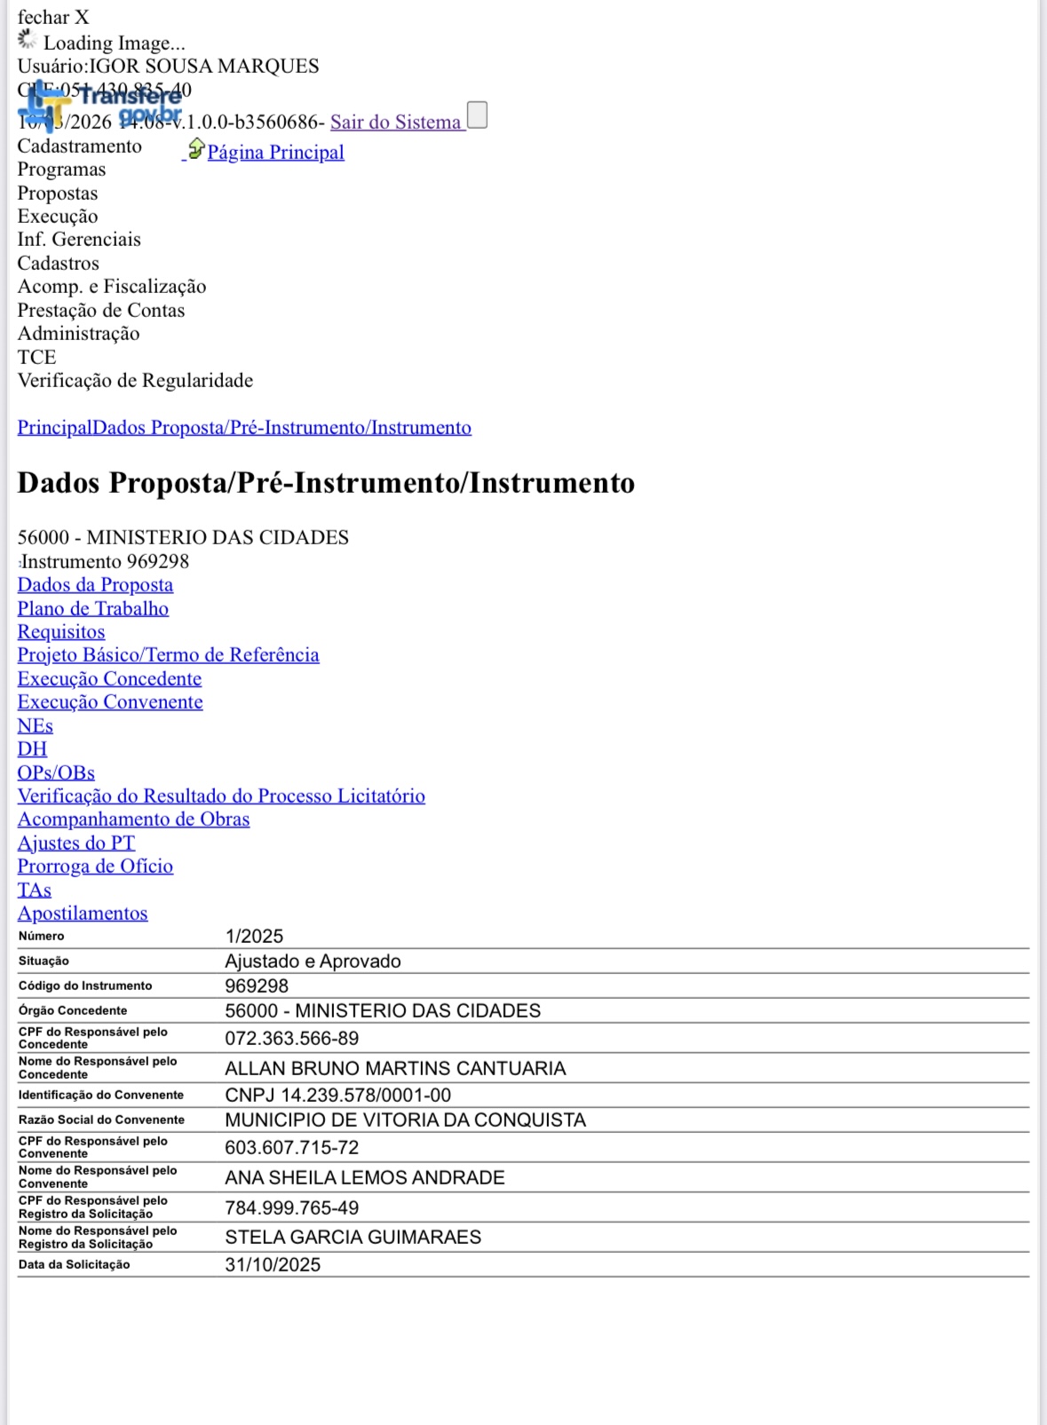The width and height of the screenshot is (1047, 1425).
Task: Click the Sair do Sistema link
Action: coord(396,123)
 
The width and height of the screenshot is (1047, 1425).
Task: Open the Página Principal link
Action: coord(275,153)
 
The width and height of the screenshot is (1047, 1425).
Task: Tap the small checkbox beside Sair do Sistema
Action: coord(477,115)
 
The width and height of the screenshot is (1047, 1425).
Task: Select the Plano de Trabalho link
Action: coord(93,609)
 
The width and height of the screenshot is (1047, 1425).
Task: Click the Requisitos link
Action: coord(61,632)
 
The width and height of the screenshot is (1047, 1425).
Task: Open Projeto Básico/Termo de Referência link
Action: coord(168,655)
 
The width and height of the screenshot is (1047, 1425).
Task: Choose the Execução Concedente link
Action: coord(109,679)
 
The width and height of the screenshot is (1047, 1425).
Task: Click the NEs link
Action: coord(36,726)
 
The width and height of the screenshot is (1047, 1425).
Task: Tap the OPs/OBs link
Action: coord(56,773)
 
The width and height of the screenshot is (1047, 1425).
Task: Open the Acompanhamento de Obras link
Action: coord(133,819)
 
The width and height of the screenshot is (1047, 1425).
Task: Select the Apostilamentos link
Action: coord(83,914)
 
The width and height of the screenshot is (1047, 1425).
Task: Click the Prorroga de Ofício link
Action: coord(95,867)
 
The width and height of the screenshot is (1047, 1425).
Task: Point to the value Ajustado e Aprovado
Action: coord(313,962)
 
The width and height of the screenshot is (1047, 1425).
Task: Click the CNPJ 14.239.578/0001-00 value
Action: coord(337,1096)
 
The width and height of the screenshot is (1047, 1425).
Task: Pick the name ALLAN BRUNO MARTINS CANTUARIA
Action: coord(395,1069)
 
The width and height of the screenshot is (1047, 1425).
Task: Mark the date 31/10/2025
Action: coord(273,1265)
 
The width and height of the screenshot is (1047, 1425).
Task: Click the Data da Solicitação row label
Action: coord(74,1265)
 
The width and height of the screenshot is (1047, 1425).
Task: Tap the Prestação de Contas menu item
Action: coord(101,311)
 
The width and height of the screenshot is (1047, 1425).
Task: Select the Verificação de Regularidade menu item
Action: coord(135,381)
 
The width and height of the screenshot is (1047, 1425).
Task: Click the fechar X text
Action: coord(53,18)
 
